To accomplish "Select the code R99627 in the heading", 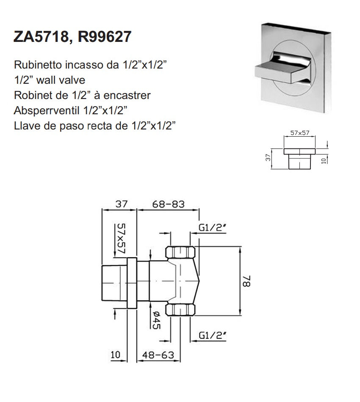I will pos(104,37).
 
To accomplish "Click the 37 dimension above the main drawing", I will pos(122,204).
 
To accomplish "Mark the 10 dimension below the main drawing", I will pos(116,355).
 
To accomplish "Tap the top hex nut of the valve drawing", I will pos(181,253).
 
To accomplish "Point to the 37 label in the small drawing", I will pos(267,158).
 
